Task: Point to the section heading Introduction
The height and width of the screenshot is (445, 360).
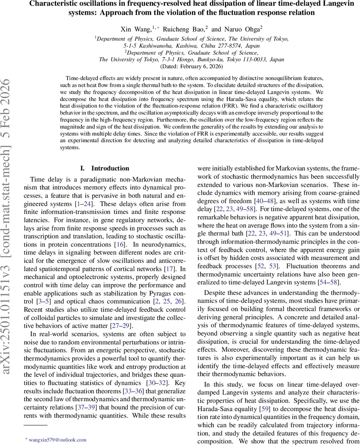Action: (110, 168)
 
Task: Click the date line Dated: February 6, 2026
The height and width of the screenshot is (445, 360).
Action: (191, 67)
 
